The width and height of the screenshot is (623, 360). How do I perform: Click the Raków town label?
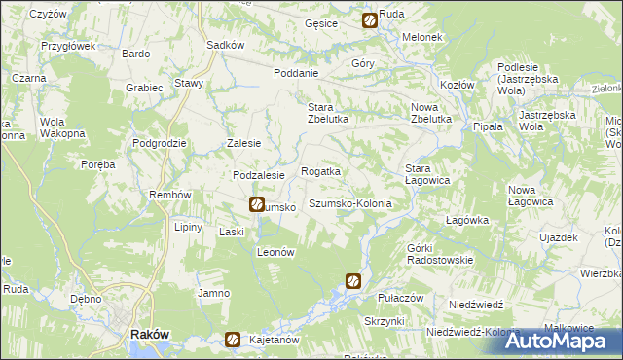click(x=150, y=334)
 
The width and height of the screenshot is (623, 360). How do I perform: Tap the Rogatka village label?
click(x=320, y=171)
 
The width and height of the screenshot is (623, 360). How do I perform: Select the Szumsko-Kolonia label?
click(x=349, y=204)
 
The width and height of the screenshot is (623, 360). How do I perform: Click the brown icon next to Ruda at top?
click(x=370, y=19)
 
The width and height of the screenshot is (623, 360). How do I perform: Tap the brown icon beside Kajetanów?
click(x=234, y=340)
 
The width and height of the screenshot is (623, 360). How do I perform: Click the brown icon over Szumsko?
click(x=256, y=204)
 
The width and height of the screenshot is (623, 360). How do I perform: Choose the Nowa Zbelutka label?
click(x=431, y=113)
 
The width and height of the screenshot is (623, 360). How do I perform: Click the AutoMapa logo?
click(x=560, y=340)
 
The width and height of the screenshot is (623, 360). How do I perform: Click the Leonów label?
click(x=275, y=251)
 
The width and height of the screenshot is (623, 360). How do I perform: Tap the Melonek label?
click(x=423, y=37)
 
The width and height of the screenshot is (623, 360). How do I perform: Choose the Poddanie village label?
click(x=297, y=73)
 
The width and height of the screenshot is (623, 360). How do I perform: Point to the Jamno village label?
click(x=213, y=293)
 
